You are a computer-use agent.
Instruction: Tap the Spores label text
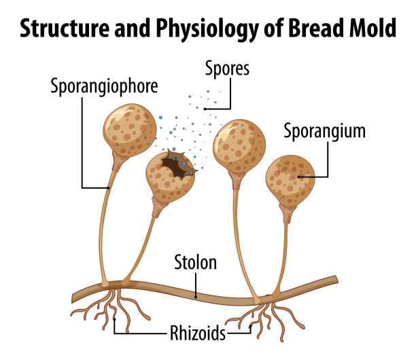pyautogui.click(x=227, y=69)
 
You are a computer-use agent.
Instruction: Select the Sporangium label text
pyautogui.click(x=325, y=130)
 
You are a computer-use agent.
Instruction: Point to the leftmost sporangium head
pyautogui.click(x=129, y=130)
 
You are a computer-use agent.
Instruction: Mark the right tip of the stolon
pyautogui.click(x=334, y=280)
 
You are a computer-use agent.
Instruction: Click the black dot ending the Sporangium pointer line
pyautogui.click(x=298, y=176)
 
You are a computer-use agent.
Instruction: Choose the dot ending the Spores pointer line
pyautogui.click(x=205, y=108)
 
